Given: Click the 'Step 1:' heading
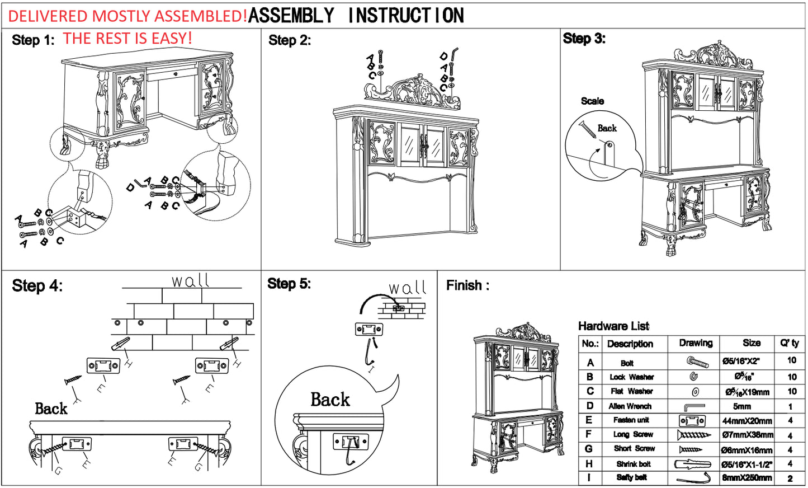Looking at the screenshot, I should point(33,40).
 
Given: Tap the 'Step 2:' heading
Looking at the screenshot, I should point(289,40).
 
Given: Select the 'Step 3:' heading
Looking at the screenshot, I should point(584,39).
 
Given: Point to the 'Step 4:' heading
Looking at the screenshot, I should point(37,286).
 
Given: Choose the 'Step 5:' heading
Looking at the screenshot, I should point(289,284).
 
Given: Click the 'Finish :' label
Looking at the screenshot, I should point(467,285).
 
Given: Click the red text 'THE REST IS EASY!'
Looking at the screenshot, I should point(127,39).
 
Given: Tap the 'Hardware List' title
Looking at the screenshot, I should point(613,326).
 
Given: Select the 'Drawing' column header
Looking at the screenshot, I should point(696,343).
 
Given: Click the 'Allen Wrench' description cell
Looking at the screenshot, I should point(630,406).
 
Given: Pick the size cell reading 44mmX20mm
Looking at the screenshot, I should point(747,421).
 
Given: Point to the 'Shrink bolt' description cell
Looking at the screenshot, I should point(634,464).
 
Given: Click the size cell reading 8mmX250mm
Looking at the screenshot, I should point(747,478).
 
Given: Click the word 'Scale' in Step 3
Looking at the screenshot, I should point(592,101).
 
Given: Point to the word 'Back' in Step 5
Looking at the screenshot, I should point(330,400).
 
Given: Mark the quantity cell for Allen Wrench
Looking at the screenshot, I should point(791,407).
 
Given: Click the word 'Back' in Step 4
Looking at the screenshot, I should point(51,409).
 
